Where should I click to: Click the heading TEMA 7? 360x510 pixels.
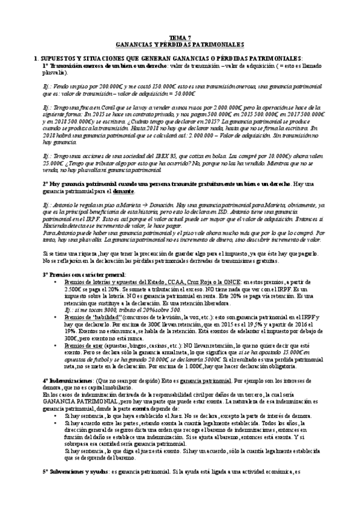(x=180, y=37)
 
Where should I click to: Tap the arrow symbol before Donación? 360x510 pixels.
(x=132, y=204)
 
